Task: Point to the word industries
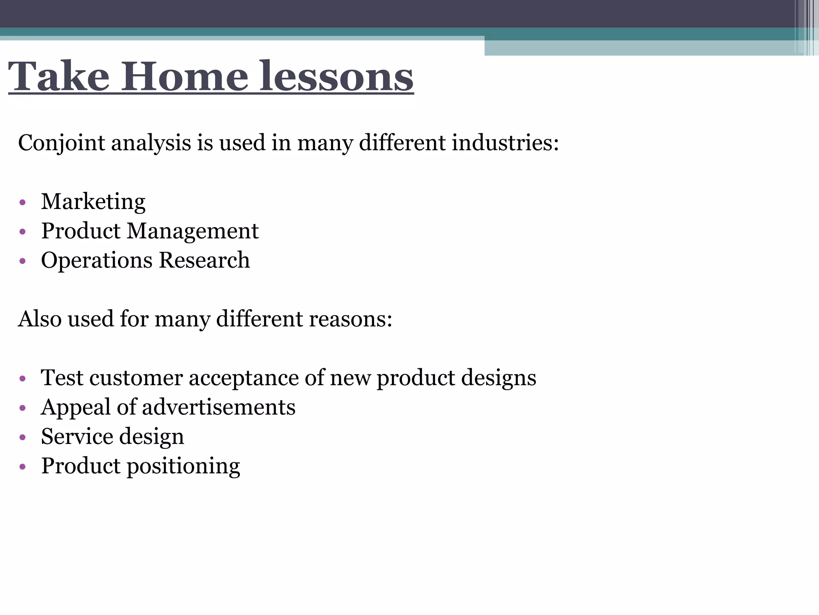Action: [505, 143]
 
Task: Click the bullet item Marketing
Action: [93, 201]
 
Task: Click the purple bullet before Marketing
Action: [22, 202]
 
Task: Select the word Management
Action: [193, 231]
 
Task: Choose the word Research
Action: [204, 260]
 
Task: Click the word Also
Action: [40, 319]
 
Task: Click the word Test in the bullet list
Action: [62, 378]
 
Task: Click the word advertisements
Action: [218, 407]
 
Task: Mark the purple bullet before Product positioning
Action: [22, 466]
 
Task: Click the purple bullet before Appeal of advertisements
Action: [22, 408]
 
